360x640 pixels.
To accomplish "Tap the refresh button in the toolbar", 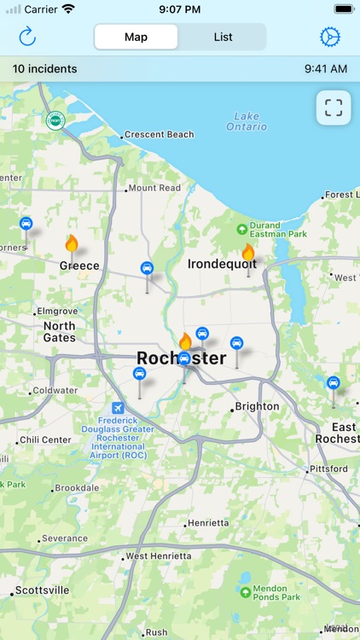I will pyautogui.click(x=27, y=37).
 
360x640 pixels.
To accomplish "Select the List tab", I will pyautogui.click(x=224, y=37).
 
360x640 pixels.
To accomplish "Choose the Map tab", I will pyautogui.click(x=136, y=37).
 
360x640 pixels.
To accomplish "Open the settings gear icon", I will pyautogui.click(x=329, y=37).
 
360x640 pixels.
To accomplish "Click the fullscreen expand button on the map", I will pyautogui.click(x=334, y=108).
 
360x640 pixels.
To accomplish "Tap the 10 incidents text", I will pyautogui.click(x=44, y=68).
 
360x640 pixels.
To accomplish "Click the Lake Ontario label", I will pyautogui.click(x=247, y=121).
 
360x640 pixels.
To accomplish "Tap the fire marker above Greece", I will pyautogui.click(x=72, y=244).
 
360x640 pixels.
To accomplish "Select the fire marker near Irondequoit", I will pyautogui.click(x=248, y=252).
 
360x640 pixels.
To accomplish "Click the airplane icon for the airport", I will pyautogui.click(x=118, y=408).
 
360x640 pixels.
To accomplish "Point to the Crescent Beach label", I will pyautogui.click(x=160, y=135).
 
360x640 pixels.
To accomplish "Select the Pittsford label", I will pyautogui.click(x=328, y=468).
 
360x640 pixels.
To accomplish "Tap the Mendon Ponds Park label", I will pyautogui.click(x=277, y=591).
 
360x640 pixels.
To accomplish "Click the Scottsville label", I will pyautogui.click(x=43, y=591).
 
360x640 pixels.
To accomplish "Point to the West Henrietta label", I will pyautogui.click(x=158, y=556).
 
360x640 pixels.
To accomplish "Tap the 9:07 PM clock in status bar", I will pyautogui.click(x=179, y=9).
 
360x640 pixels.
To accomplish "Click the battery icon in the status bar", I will pyautogui.click(x=343, y=9).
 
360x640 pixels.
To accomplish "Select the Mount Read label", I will pyautogui.click(x=154, y=188).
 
